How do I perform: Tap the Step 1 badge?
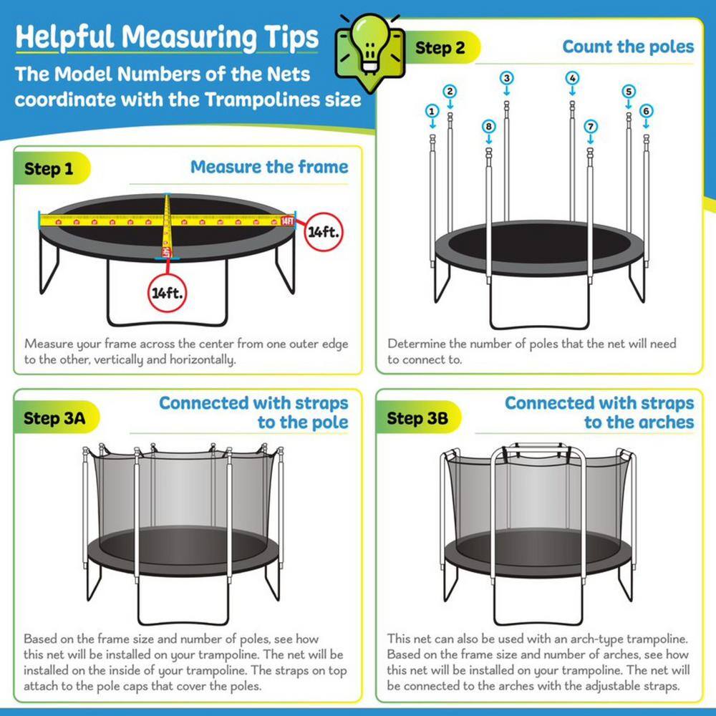[49, 170]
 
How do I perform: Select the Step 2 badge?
[444, 49]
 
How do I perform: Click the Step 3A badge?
[54, 418]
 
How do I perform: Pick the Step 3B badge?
[417, 418]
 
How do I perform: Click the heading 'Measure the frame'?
[269, 168]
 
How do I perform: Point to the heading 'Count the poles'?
[628, 47]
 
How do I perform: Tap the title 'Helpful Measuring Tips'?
[166, 37]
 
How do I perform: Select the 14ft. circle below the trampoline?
[166, 294]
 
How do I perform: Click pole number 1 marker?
[432, 111]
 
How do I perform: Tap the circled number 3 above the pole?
[507, 77]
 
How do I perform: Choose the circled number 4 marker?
[572, 77]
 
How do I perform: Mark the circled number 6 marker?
[646, 111]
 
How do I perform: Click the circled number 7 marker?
[591, 126]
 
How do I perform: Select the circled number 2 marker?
[450, 91]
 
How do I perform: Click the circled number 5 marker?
[629, 91]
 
